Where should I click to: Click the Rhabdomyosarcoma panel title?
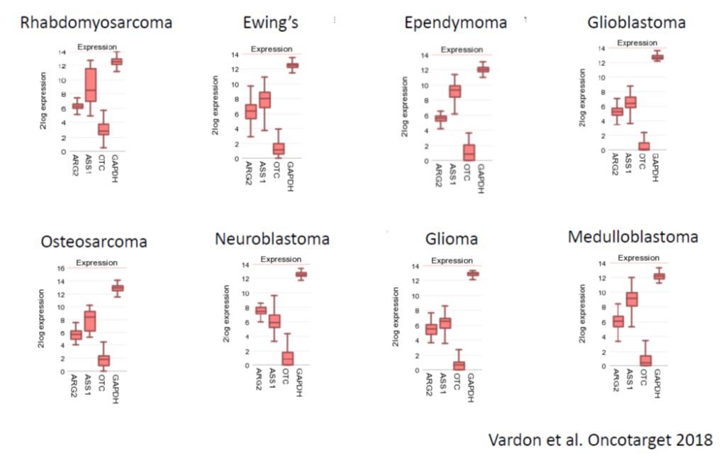point(96,23)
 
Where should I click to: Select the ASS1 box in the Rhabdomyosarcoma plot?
point(91,85)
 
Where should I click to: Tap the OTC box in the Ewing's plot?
point(279,148)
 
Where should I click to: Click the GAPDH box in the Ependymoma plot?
point(482,69)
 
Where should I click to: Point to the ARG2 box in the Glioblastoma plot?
point(617,111)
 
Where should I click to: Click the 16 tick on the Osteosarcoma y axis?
point(61,268)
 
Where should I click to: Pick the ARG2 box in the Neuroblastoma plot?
point(260,310)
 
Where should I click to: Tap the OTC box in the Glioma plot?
point(459,366)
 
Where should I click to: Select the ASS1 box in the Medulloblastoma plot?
point(631,299)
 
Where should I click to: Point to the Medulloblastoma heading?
point(632,237)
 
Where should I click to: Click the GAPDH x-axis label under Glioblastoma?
point(655,167)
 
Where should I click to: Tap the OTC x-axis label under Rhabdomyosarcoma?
point(104,162)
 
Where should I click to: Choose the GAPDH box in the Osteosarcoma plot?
point(117,288)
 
